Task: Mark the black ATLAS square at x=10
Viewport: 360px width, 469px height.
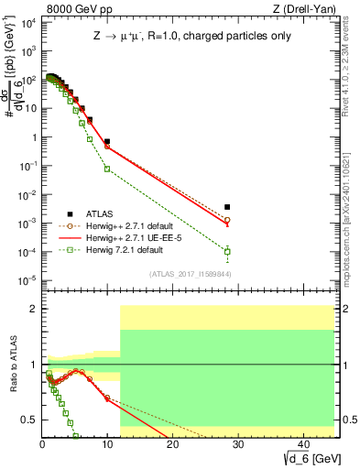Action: pos(107,142)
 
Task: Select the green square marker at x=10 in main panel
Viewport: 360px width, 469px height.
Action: pos(107,169)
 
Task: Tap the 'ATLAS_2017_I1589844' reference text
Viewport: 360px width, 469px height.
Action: pos(184,273)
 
